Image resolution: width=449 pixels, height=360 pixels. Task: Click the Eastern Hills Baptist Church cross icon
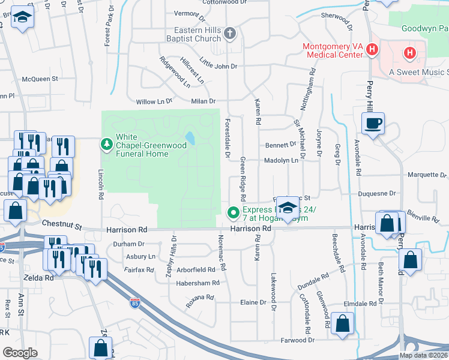231,34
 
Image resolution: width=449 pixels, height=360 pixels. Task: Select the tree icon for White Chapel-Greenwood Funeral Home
107,144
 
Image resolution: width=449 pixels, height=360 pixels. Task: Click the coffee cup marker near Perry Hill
373,124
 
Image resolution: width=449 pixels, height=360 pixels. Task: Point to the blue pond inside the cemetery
190,138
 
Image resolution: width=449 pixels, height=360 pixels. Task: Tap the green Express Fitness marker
232,212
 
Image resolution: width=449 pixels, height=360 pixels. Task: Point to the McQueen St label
40,79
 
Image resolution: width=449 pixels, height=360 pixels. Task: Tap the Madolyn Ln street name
282,161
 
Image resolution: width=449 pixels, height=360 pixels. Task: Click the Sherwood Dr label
337,17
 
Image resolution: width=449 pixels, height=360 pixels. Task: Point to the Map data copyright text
423,355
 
